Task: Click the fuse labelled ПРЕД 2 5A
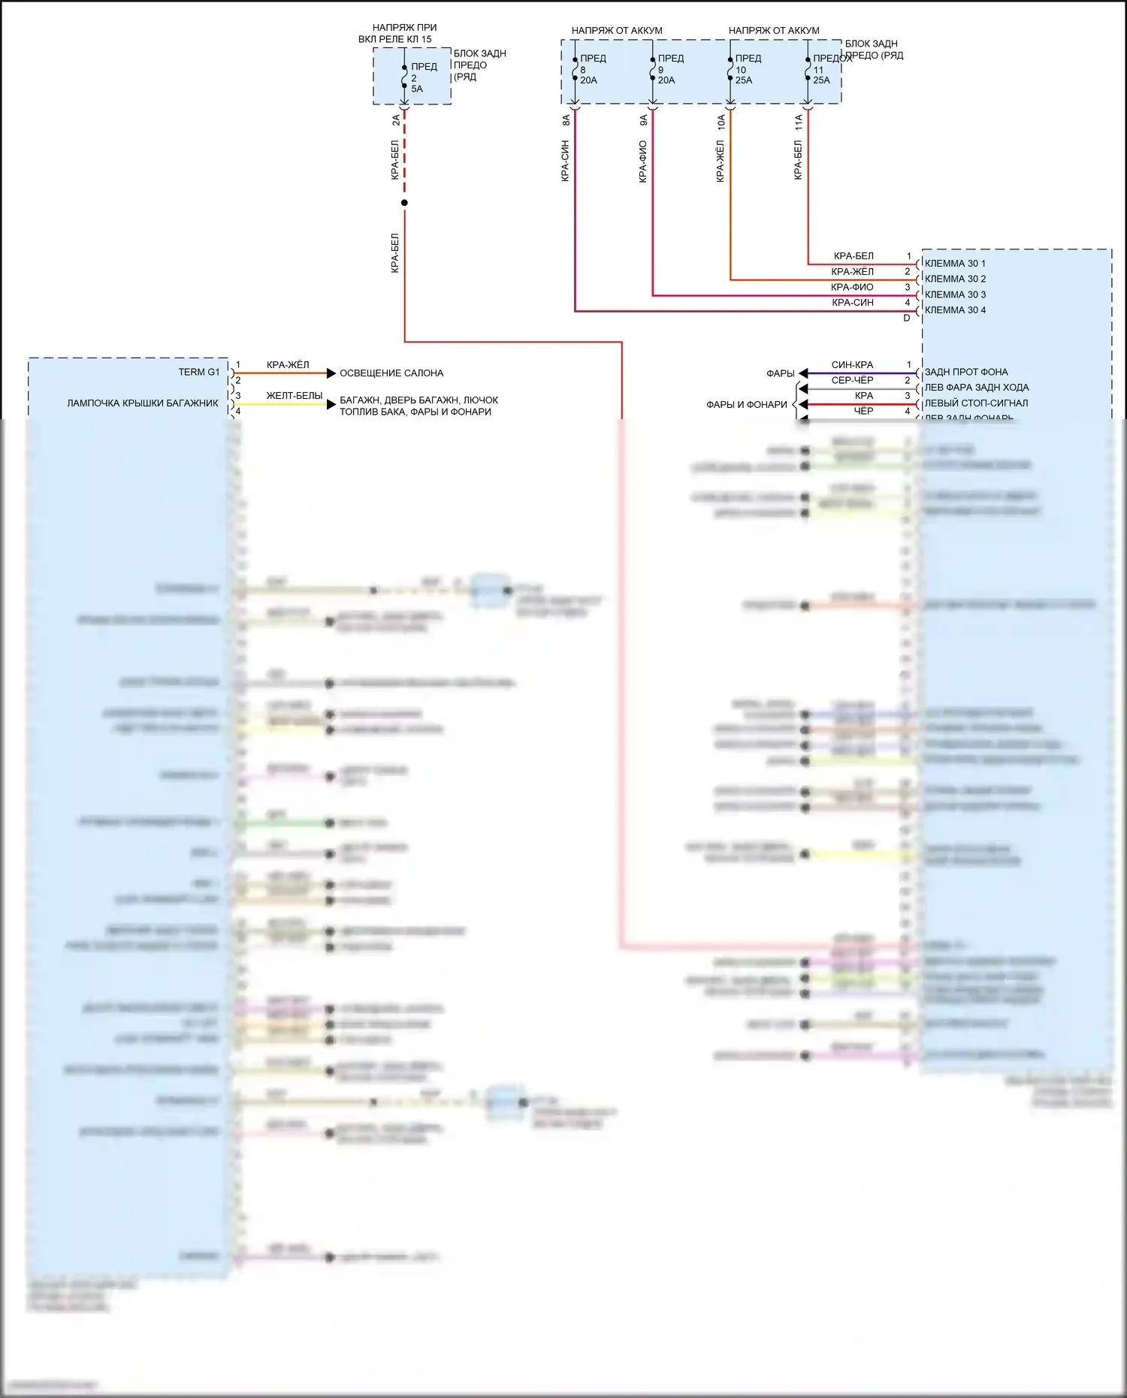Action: (x=405, y=77)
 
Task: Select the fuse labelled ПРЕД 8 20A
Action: (x=576, y=69)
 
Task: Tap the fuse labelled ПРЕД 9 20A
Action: (x=653, y=69)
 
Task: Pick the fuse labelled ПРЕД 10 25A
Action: (x=730, y=69)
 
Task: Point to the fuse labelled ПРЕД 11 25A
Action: (x=808, y=69)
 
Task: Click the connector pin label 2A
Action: (x=396, y=119)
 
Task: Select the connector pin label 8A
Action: (x=567, y=119)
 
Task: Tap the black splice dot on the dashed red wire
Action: (x=404, y=203)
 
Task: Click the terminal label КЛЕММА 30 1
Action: (x=955, y=264)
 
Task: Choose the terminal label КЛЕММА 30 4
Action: (x=955, y=310)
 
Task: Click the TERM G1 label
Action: (x=199, y=373)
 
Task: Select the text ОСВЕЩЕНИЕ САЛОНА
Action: (x=391, y=373)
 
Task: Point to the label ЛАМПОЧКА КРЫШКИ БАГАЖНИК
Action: (x=143, y=403)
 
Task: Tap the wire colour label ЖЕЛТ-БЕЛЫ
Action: (x=295, y=396)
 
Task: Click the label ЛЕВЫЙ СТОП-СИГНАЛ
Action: (x=976, y=403)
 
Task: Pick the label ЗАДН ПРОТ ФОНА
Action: (x=966, y=373)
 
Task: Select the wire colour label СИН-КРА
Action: (x=852, y=365)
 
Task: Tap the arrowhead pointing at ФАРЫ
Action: (x=803, y=373)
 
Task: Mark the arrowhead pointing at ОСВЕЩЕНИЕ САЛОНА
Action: (x=331, y=373)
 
